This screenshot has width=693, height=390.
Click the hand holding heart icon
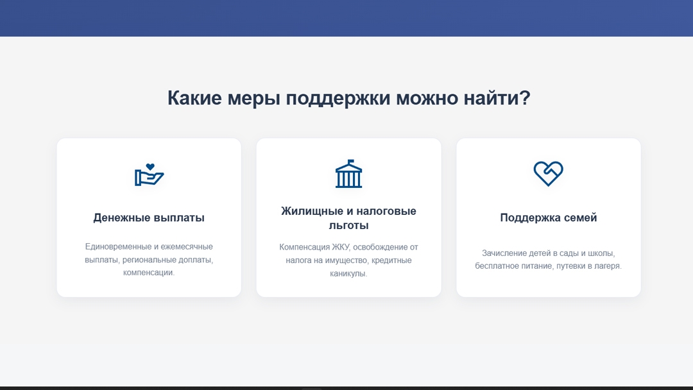pyautogui.click(x=149, y=175)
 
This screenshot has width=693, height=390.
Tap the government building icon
pyautogui.click(x=348, y=174)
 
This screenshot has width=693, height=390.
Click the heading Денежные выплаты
pyautogui.click(x=149, y=217)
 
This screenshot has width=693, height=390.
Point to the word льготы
pyautogui.click(x=348, y=226)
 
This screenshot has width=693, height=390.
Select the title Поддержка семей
pyautogui.click(x=549, y=217)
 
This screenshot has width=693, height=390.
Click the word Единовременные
pyautogui.click(x=118, y=247)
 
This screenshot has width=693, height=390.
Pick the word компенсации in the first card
pyautogui.click(x=148, y=273)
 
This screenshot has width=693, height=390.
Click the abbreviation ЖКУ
pyautogui.click(x=340, y=247)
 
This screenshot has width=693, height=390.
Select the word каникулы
pyautogui.click(x=348, y=274)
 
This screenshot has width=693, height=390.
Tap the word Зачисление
pyautogui.click(x=504, y=253)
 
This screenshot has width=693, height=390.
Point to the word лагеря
pyautogui.click(x=608, y=266)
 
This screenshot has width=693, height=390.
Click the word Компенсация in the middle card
pyautogui.click(x=304, y=247)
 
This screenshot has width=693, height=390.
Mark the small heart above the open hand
pyautogui.click(x=150, y=167)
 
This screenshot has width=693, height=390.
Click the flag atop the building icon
pyautogui.click(x=350, y=162)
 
